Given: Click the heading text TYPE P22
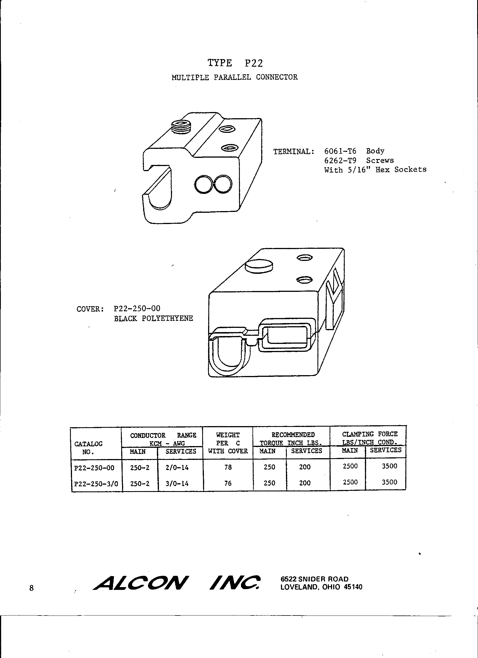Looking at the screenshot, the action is (x=235, y=63).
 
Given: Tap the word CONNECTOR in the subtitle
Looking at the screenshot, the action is (x=277, y=77).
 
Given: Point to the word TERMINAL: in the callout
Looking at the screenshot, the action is (x=294, y=151).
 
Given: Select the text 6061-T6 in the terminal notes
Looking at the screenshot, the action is (x=340, y=151).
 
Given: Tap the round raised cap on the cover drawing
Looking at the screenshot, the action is (x=259, y=266).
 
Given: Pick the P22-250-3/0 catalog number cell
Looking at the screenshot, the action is (x=96, y=484).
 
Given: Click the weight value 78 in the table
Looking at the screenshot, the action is (x=228, y=467).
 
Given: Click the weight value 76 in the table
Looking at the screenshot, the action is (x=228, y=483).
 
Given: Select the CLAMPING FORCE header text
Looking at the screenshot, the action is (x=369, y=434).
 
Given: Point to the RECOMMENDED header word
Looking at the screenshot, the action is (x=293, y=435).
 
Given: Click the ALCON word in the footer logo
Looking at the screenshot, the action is (x=141, y=583).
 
